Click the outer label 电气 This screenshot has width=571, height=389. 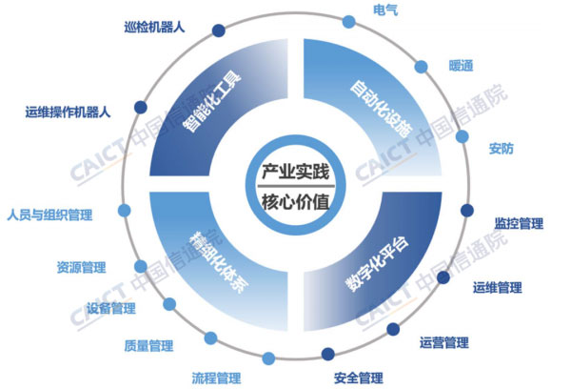coord(385,10)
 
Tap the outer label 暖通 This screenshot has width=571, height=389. coord(461,66)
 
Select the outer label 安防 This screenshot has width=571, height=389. coord(502,149)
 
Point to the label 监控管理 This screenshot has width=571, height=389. coord(519,223)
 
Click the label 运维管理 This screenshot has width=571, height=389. coord(498,288)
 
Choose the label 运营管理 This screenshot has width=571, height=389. coord(443,342)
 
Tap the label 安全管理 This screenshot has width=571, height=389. coord(359,379)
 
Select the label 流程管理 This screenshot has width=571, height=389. coord(216,379)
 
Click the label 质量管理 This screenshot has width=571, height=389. coord(148,345)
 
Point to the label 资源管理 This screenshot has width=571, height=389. coord(82,268)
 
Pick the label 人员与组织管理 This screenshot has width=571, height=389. coord(49,215)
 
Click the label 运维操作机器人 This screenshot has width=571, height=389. coord(68,113)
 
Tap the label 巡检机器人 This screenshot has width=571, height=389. coord(154,28)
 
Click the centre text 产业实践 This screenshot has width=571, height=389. coord(296,172)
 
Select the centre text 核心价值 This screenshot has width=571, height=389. coord(296,202)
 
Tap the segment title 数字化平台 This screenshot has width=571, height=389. coord(377,263)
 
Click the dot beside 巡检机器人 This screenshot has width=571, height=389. coord(219,31)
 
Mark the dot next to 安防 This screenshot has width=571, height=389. coord(463,136)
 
